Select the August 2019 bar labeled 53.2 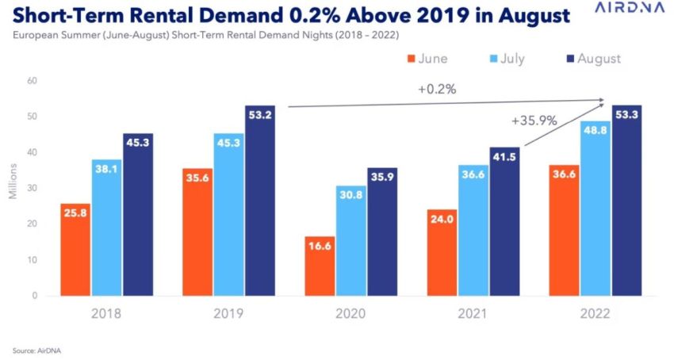pyautogui.click(x=259, y=200)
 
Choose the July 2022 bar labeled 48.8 pyautogui.click(x=595, y=208)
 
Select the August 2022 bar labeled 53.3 pyautogui.click(x=626, y=200)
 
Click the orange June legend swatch pyautogui.click(x=412, y=59)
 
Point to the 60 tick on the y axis pyautogui.click(x=32, y=81)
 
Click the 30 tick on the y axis pyautogui.click(x=32, y=188)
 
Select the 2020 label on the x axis pyautogui.click(x=350, y=314)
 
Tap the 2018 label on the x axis pyautogui.click(x=107, y=314)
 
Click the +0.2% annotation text pyautogui.click(x=437, y=90)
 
